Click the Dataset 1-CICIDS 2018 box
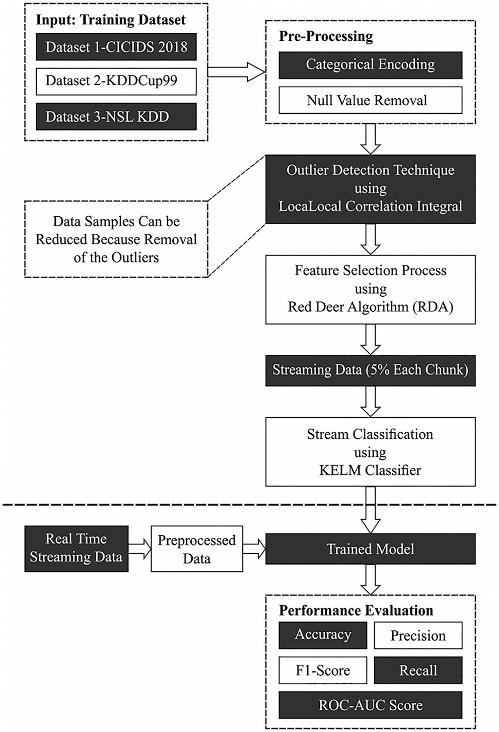116,47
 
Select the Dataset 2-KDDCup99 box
116,81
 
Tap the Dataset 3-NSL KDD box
116,117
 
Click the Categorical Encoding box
370,65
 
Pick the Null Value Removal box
370,100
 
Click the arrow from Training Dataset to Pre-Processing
236,72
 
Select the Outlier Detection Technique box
370,188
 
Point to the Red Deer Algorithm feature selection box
370,289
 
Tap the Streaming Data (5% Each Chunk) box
370,370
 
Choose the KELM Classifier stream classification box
370,452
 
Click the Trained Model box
370,549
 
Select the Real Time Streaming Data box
76,549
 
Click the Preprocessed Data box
196,549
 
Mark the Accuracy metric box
323,635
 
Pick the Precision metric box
418,636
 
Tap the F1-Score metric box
323,671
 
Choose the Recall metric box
418,671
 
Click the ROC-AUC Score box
370,705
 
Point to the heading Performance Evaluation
356,611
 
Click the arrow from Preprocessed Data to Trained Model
254,549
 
